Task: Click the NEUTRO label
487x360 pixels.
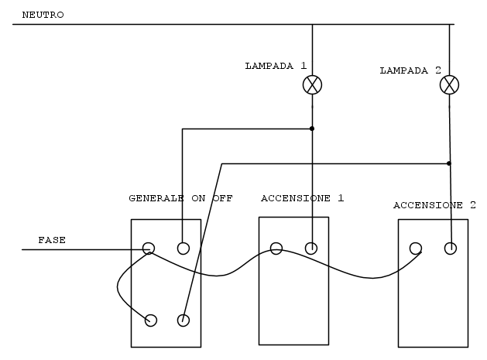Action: click(43, 15)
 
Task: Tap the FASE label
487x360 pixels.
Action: click(52, 240)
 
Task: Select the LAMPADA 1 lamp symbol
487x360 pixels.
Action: click(312, 85)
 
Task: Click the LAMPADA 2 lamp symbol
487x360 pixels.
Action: click(449, 85)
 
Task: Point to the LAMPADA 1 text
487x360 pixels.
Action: click(276, 66)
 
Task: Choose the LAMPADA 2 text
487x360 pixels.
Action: click(410, 70)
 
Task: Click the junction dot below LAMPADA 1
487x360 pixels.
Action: click(312, 129)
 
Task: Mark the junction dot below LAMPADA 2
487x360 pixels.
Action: click(449, 163)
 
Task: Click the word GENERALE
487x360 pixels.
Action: click(156, 198)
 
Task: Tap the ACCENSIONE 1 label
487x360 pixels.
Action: click(302, 198)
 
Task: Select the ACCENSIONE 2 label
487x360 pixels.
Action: click(434, 205)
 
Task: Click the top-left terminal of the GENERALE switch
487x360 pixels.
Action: click(149, 249)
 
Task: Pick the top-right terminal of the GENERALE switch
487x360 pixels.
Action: click(183, 249)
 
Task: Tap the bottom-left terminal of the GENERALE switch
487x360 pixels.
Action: click(151, 321)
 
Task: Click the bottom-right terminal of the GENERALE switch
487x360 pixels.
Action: click(183, 321)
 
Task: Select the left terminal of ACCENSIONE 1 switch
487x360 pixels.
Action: click(276, 249)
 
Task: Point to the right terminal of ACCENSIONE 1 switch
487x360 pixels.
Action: click(311, 249)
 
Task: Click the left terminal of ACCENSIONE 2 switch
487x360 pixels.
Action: click(416, 249)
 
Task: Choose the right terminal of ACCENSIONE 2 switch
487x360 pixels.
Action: click(451, 249)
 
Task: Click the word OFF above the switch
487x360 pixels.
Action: click(223, 198)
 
